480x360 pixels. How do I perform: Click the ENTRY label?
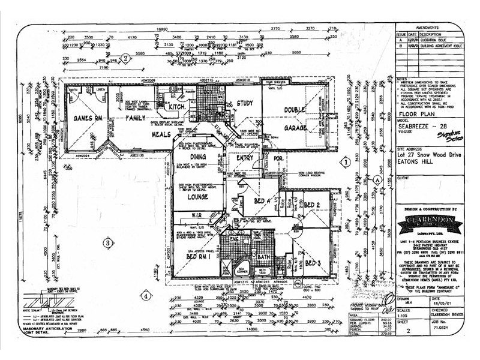coord(244,158)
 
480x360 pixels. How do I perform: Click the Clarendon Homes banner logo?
coord(430,220)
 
